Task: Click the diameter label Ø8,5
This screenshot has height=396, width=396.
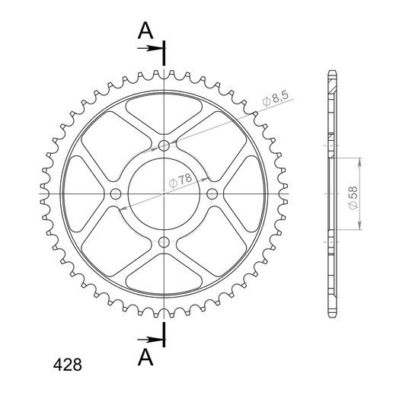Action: [x=276, y=99]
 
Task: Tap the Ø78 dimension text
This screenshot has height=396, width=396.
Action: [x=180, y=180]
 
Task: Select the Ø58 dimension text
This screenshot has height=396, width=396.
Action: [x=353, y=198]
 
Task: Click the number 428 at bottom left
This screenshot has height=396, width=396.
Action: [x=68, y=365]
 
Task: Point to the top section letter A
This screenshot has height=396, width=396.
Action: [x=145, y=30]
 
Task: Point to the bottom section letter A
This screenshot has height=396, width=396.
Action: [x=145, y=357]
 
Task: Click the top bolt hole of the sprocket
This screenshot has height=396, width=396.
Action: [x=164, y=145]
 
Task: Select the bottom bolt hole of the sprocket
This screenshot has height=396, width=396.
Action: [x=164, y=242]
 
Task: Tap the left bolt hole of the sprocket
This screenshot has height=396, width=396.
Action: [x=116, y=194]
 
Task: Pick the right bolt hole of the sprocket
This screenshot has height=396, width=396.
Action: [x=212, y=194]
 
